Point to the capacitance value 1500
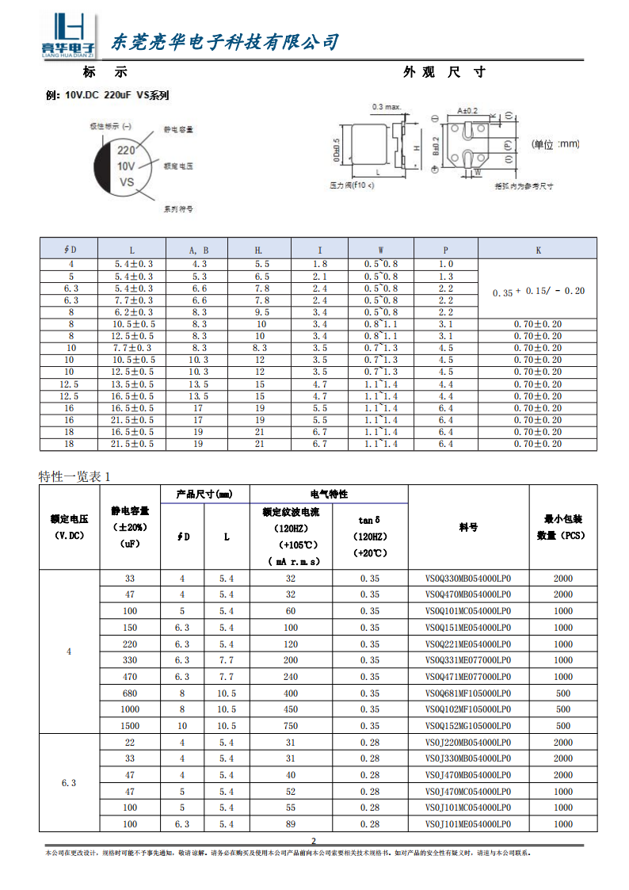[x=130, y=726]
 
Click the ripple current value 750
[x=290, y=726]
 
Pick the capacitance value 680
[x=130, y=693]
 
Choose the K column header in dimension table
[x=539, y=250]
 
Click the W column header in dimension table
[x=381, y=250]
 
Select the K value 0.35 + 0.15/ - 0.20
[x=539, y=292]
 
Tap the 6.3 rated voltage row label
[x=69, y=783]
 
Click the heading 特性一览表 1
[x=75, y=476]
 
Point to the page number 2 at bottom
[x=314, y=841]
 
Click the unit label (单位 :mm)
[x=556, y=144]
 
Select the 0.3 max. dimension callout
[x=387, y=105]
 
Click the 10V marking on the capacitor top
[x=126, y=166]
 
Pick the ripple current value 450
[x=290, y=709]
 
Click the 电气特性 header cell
[x=329, y=494]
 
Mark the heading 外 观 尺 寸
[x=444, y=72]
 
